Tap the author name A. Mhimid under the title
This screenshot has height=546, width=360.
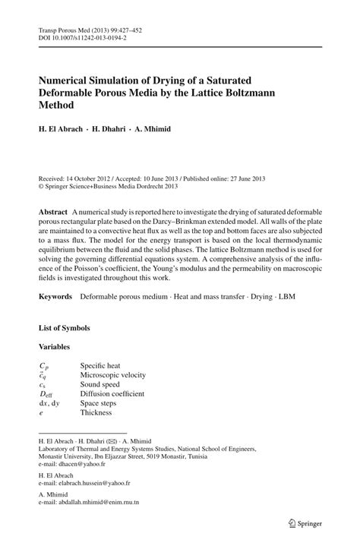tap(153, 129)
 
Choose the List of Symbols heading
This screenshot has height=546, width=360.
tap(65, 328)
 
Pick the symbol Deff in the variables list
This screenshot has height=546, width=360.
tap(46, 394)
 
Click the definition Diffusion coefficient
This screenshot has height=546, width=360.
tap(112, 394)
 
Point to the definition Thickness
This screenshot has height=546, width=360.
tap(96, 412)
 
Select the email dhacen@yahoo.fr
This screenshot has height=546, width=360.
tap(89, 464)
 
